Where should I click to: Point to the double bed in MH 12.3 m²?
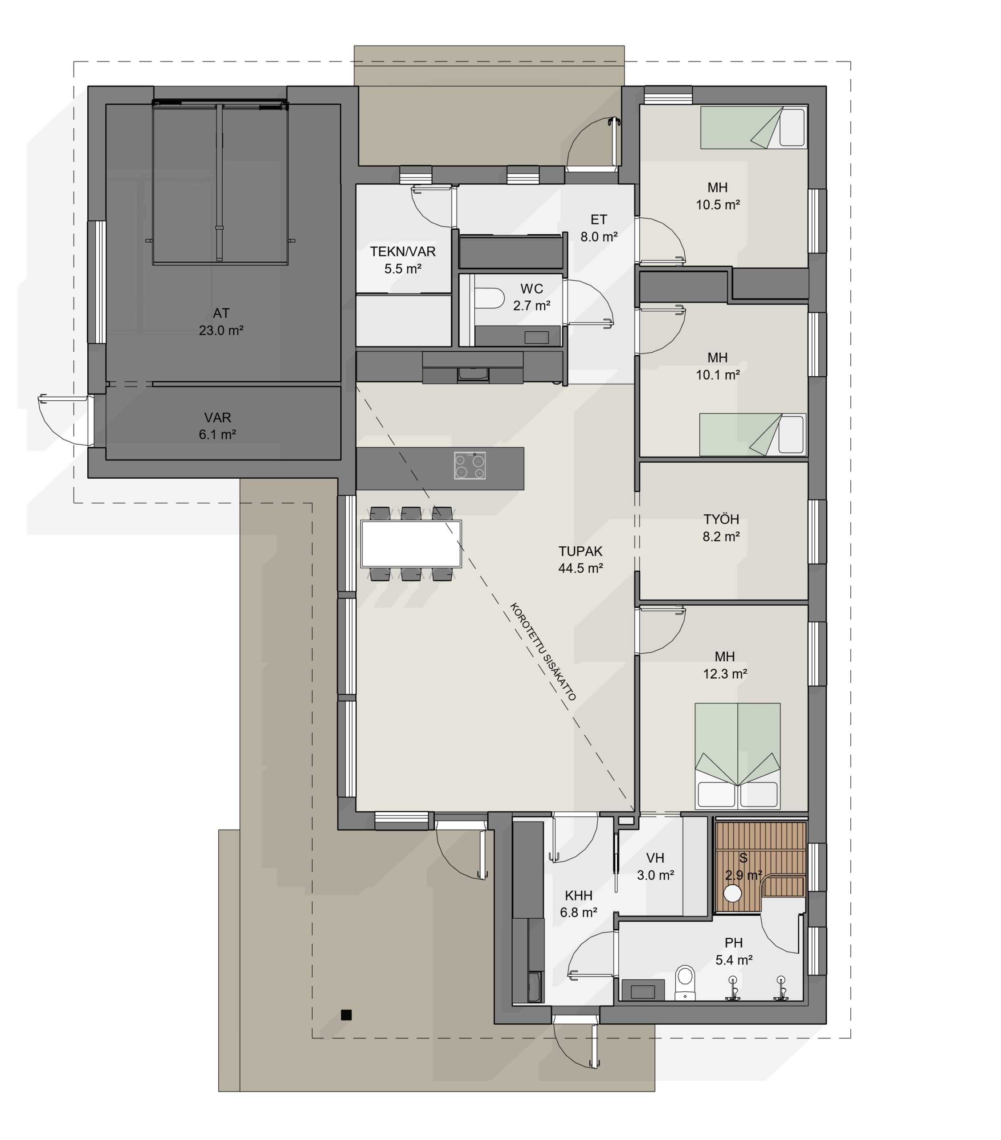tap(737, 756)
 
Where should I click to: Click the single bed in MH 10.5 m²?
tap(753, 128)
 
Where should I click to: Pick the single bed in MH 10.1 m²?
tap(753, 435)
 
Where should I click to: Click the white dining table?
tap(411, 543)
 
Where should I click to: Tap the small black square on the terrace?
tap(346, 1014)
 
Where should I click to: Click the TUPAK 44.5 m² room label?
tap(580, 559)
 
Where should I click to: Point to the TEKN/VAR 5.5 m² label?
tap(402, 260)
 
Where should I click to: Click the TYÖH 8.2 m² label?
tap(721, 528)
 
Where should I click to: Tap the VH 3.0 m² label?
tap(655, 866)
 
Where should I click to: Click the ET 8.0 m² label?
tap(599, 228)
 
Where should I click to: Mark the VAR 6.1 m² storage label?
tap(217, 426)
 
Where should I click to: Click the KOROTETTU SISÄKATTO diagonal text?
tap(543, 651)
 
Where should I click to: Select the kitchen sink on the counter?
tap(473, 374)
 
